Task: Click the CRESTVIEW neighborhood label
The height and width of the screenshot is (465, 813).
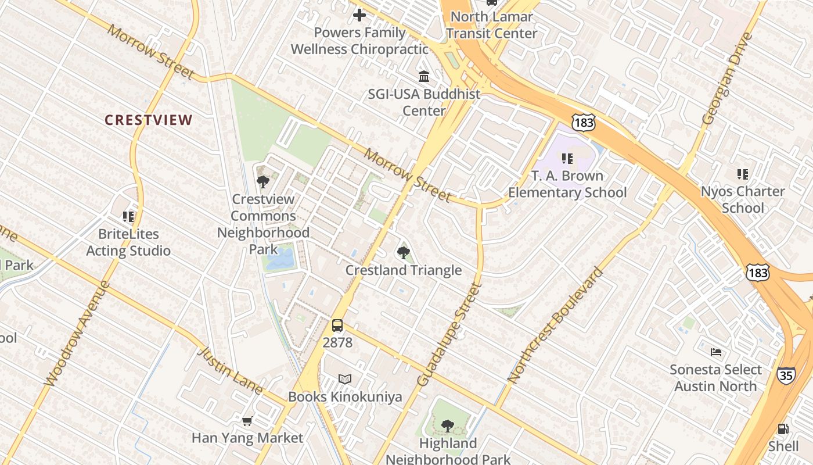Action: (148, 120)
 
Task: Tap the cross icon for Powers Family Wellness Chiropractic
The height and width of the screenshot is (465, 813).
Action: (359, 15)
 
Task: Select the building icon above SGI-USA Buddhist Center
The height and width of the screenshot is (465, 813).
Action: (424, 76)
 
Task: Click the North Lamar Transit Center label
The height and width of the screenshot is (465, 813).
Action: (491, 25)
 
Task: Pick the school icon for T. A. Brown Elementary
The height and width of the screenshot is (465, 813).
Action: (567, 158)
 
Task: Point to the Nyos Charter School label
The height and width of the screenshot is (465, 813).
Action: (742, 199)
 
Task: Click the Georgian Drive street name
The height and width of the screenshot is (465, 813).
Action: (727, 79)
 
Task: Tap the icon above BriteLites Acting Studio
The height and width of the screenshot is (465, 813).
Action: (128, 217)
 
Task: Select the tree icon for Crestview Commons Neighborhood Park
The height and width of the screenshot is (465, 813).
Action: (262, 181)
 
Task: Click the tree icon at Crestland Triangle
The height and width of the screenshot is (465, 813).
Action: (404, 252)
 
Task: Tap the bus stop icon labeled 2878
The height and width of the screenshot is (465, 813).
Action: (337, 325)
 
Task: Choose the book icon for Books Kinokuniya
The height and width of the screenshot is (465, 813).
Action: (345, 380)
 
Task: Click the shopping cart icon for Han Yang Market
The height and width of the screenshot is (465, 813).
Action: (247, 421)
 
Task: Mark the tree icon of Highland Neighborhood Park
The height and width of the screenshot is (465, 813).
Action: (447, 426)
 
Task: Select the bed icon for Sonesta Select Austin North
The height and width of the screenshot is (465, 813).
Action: (716, 352)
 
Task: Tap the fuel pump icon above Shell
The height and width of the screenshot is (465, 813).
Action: (783, 429)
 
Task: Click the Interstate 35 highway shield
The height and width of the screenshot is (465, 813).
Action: (786, 375)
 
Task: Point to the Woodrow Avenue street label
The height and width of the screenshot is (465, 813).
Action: (77, 334)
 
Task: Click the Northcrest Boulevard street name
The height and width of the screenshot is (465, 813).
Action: (555, 325)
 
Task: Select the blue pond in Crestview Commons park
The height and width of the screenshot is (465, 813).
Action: (280, 259)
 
